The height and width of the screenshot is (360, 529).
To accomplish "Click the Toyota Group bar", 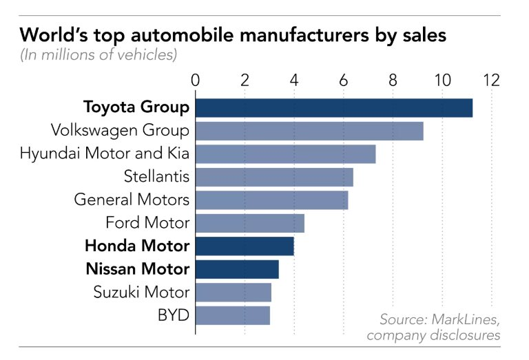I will [334, 107].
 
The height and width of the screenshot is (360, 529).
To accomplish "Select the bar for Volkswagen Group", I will [309, 131].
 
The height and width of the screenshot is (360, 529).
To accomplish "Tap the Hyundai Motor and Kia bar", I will [285, 153].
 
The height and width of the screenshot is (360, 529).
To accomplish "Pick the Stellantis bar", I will [274, 177].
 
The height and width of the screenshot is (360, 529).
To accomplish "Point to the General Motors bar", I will [271, 200].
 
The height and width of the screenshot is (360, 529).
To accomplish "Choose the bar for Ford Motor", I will [250, 223].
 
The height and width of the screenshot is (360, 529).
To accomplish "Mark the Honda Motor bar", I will [245, 246].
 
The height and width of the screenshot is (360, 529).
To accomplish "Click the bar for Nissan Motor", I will [237, 269].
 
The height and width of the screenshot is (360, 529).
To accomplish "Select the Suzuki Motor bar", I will [234, 292].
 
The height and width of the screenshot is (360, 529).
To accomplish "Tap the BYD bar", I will [233, 315].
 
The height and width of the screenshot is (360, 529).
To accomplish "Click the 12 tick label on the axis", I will [491, 80].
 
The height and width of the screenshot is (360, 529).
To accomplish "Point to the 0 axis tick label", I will [196, 80].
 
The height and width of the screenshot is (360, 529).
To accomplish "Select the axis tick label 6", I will [344, 80].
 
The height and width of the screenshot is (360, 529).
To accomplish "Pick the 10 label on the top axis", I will [442, 80].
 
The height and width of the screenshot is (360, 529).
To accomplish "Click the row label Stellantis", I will [156, 176].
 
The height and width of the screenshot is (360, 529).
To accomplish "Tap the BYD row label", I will [174, 315].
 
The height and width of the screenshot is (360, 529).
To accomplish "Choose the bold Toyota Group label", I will [136, 107].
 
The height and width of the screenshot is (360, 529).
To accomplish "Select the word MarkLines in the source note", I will [465, 319].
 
